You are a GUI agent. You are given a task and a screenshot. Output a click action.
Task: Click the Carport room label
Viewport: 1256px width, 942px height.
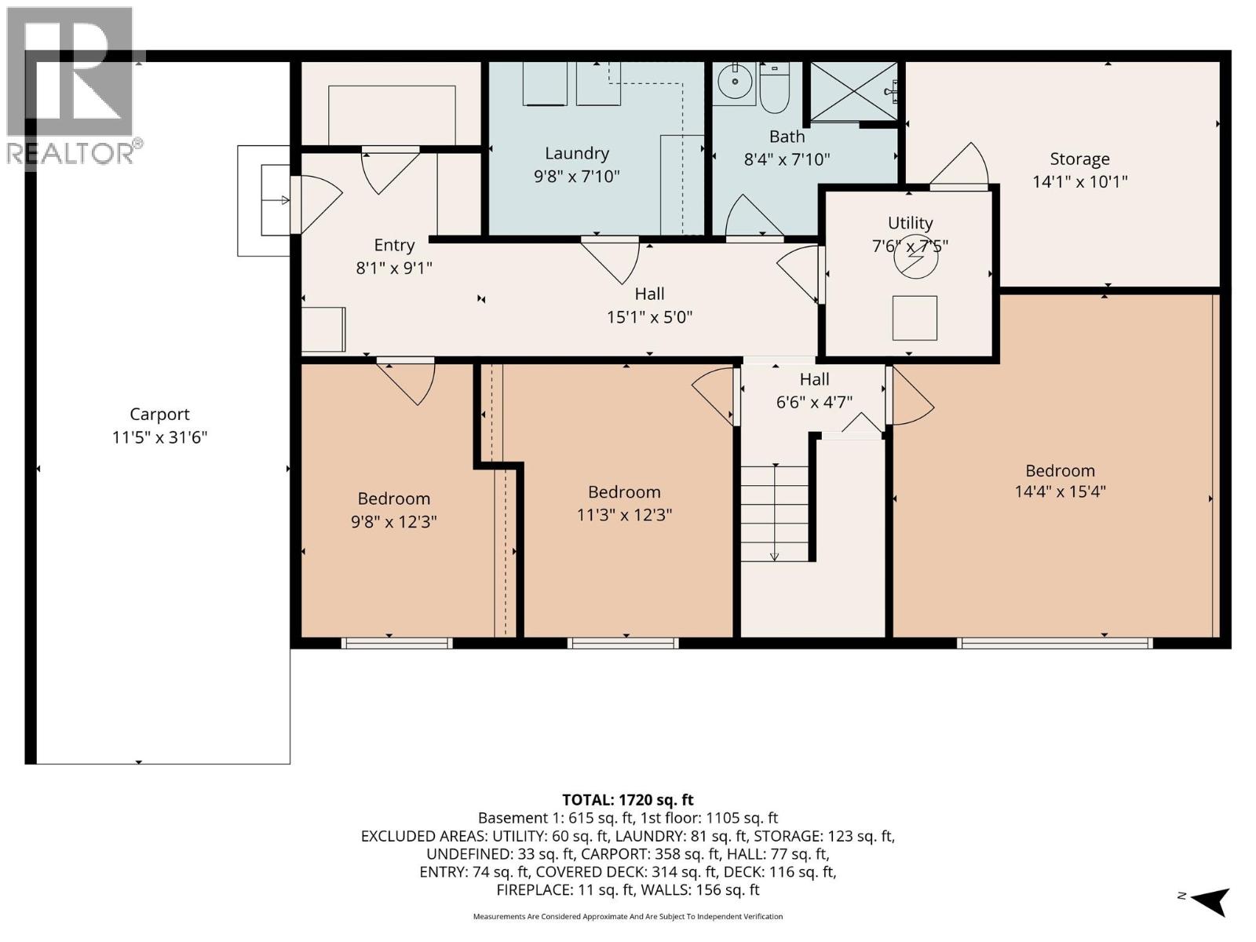click(x=159, y=414)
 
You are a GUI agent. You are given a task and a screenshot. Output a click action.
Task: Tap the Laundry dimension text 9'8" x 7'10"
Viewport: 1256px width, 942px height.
click(x=576, y=176)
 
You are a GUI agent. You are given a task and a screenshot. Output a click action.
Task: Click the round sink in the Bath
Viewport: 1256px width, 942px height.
click(x=736, y=82)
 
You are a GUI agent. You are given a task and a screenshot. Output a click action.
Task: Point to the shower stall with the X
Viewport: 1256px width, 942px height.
click(x=853, y=92)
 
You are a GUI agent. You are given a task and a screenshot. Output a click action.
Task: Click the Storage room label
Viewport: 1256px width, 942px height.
click(x=1079, y=159)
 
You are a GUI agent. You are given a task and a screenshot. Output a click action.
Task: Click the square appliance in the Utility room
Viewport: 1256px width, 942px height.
click(x=915, y=318)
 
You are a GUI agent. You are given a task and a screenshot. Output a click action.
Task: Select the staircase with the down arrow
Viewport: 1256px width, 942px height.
click(x=774, y=513)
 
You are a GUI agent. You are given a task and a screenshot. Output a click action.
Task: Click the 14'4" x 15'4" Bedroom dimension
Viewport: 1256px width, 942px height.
click(x=1060, y=492)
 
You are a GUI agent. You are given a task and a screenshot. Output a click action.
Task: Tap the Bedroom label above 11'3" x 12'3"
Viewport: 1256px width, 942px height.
click(x=624, y=492)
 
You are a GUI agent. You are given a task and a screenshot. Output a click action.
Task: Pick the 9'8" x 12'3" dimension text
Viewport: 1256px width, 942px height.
click(x=393, y=521)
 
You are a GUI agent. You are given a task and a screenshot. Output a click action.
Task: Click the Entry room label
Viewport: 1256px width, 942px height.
click(x=393, y=245)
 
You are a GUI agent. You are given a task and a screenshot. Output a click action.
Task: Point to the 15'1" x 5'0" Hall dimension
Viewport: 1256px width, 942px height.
click(x=649, y=317)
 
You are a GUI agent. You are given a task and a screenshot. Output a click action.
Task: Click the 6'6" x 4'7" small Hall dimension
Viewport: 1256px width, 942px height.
click(x=814, y=402)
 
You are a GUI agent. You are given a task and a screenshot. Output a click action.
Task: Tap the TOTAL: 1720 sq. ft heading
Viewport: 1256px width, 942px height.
click(x=628, y=800)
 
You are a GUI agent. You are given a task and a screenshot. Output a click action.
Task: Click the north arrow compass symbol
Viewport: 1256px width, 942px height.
click(x=1209, y=900)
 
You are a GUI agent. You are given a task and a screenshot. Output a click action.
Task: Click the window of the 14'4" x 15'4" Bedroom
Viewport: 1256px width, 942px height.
click(x=1054, y=643)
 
